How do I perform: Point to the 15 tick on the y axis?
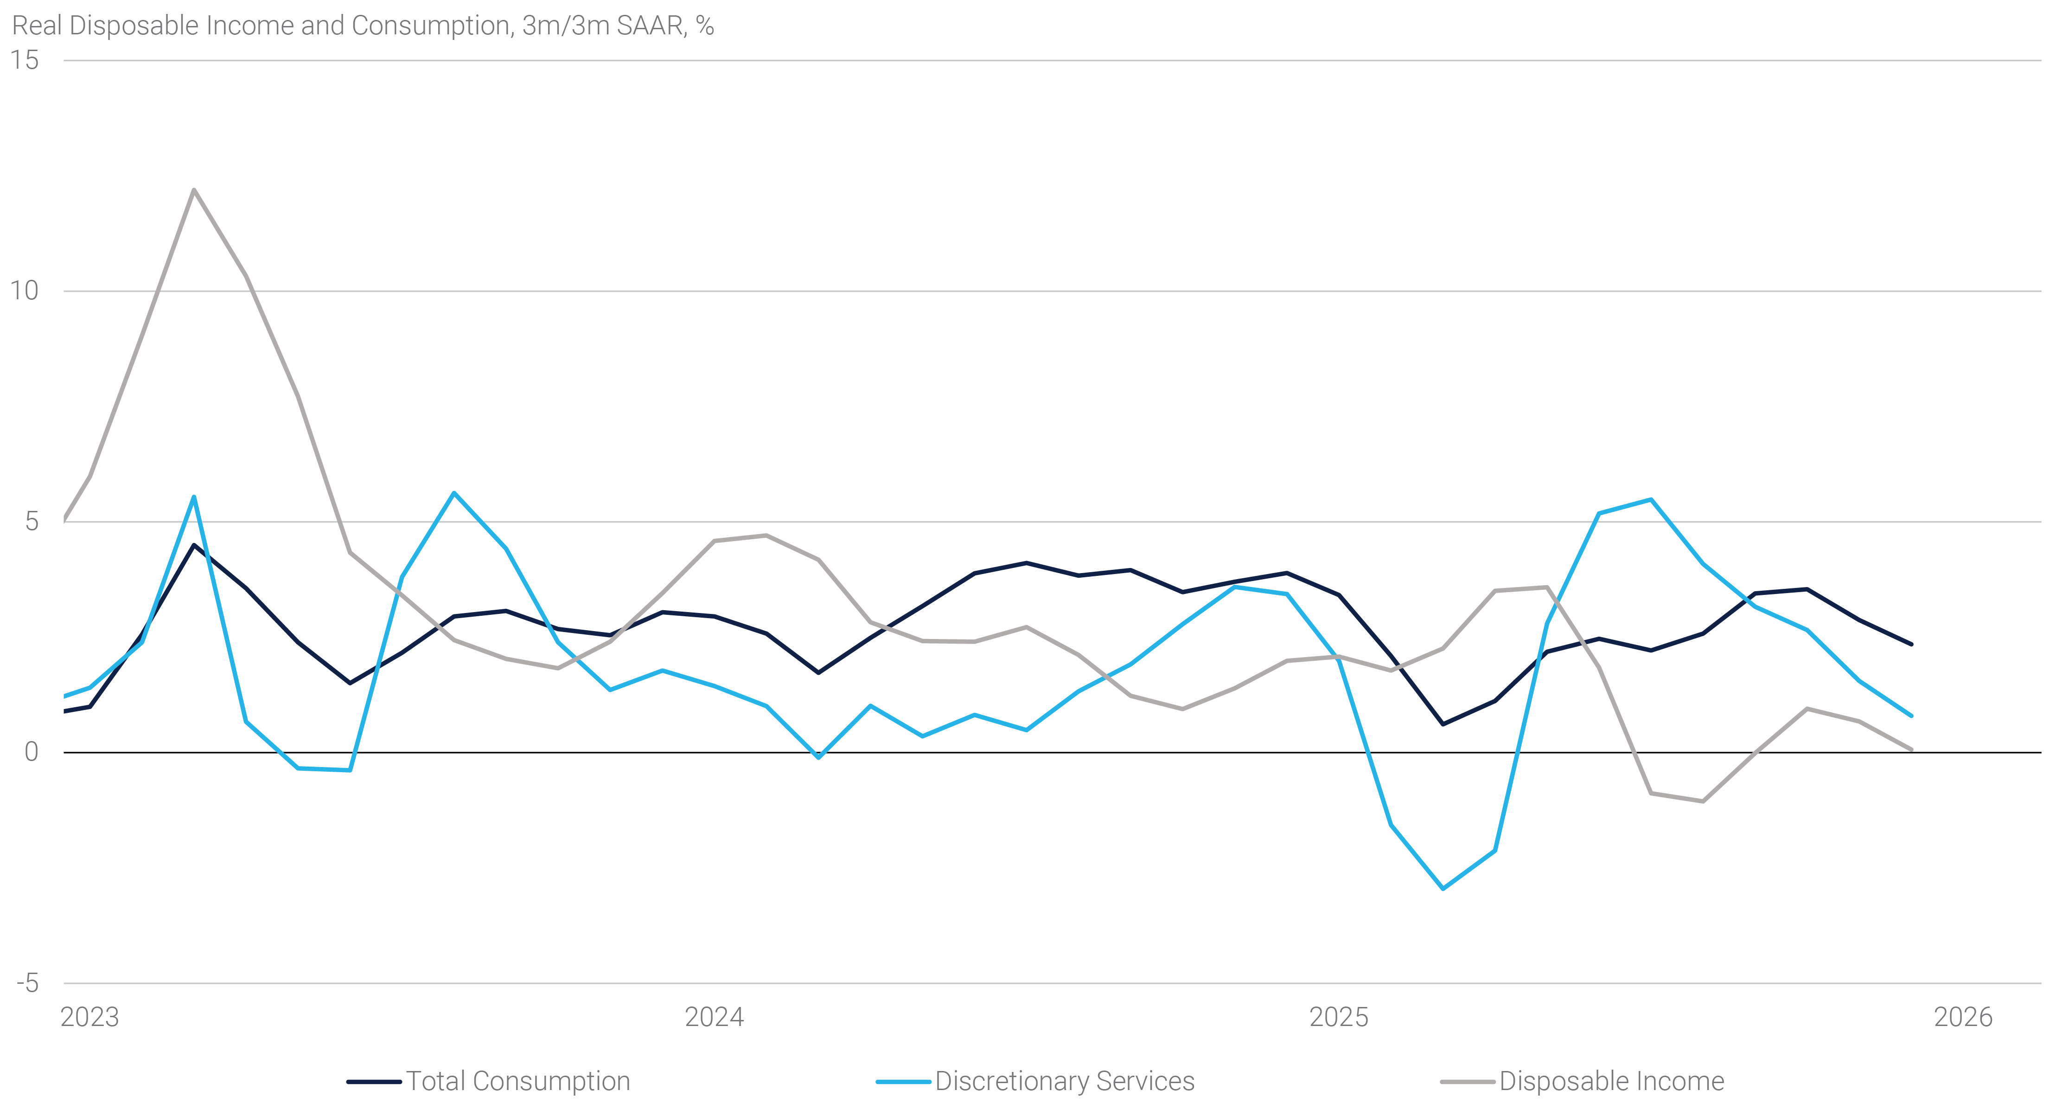click(25, 60)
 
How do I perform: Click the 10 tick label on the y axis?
click(25, 290)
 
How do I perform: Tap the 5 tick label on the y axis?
click(31, 522)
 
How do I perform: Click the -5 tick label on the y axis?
click(27, 983)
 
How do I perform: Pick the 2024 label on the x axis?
click(715, 1017)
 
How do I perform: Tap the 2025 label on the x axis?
click(1339, 1017)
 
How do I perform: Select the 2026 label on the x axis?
click(1963, 1017)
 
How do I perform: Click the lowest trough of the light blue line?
click(1442, 889)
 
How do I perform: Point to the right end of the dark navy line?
click(1911, 644)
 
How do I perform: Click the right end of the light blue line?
click(1911, 716)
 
